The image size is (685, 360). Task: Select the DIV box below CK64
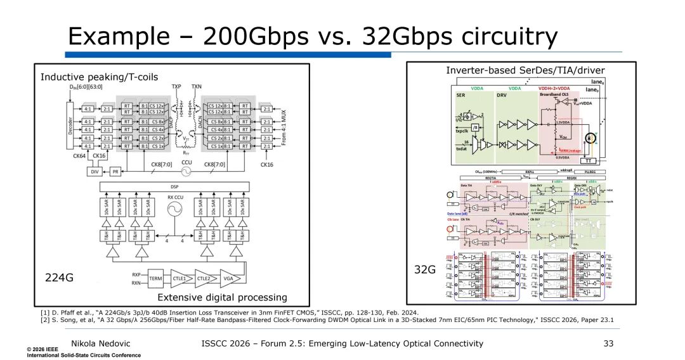coord(94,171)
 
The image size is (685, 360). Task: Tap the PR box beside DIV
coord(115,171)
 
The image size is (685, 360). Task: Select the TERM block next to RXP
coord(155,279)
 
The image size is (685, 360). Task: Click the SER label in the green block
coord(462,95)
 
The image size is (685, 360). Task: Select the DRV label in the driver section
coord(502,95)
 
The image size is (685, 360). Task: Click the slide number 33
coord(610,344)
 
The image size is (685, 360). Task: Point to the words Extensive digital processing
coord(222,297)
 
